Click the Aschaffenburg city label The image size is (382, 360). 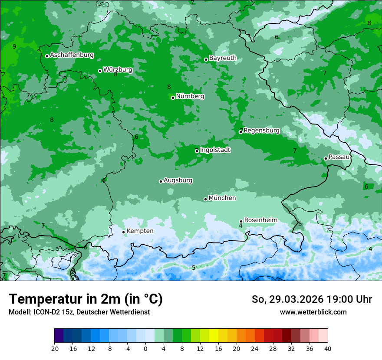point(72,55)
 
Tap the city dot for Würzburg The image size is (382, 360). point(100,71)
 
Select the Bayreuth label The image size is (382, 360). point(223,58)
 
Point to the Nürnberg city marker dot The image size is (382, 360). point(173,98)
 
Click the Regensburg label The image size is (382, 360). point(261,131)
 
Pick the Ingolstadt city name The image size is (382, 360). point(215,150)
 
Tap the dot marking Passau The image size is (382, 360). point(326,158)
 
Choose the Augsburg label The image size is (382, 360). point(178,180)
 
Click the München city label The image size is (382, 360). point(222,198)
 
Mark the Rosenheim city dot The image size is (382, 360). point(241,221)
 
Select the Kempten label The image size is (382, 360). point(140,231)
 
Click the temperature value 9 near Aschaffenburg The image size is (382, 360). point(14,46)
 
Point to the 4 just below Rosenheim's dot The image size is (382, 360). point(240,226)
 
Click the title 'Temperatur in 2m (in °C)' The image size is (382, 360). point(86,299)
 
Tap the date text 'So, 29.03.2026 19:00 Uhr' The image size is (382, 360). point(312,300)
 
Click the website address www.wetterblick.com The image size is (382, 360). point(313,312)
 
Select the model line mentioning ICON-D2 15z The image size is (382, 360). point(79,312)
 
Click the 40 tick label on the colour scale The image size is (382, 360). point(327,349)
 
